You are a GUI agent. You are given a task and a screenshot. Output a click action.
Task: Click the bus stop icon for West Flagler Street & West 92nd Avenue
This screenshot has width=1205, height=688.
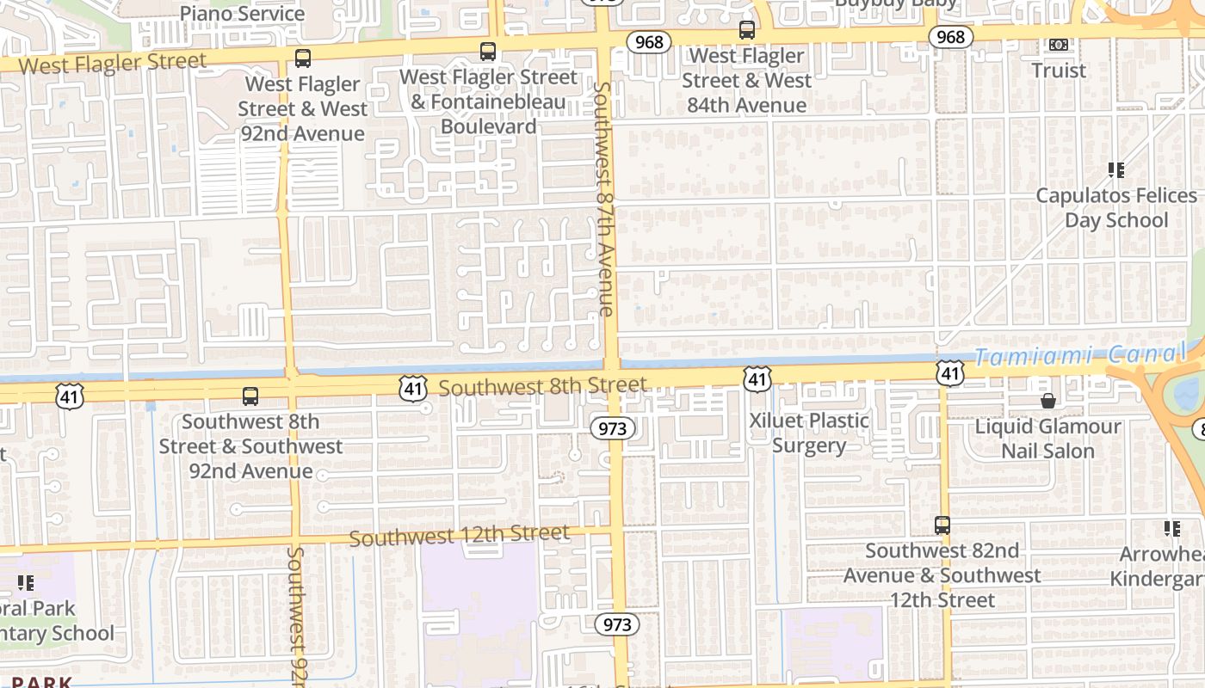point(302,58)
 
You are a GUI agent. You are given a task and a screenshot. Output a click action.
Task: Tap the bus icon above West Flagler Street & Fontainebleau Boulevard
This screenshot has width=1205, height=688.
point(488,52)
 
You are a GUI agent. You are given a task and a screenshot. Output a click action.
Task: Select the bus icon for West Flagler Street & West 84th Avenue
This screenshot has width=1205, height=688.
point(747,30)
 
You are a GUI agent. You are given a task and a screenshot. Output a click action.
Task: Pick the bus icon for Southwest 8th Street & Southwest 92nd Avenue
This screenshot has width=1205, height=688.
point(250,396)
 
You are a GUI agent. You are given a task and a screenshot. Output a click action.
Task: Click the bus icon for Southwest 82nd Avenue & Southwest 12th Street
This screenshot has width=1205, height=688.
point(942,525)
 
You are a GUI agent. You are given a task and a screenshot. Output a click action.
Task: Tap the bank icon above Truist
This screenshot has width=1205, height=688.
point(1059,45)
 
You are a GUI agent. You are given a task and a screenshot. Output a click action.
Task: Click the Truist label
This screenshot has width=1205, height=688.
point(1059,71)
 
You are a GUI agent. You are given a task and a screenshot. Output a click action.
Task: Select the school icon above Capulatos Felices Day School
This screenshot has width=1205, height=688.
point(1116,170)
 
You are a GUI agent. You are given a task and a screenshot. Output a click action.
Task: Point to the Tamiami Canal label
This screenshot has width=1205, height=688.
point(1079,355)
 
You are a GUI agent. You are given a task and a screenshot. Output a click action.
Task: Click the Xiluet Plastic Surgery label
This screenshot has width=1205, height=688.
point(809,433)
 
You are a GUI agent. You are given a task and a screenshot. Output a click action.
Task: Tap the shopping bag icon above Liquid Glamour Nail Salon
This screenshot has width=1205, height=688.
point(1048,401)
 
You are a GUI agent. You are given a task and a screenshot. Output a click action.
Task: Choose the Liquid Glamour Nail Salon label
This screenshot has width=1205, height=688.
point(1047,439)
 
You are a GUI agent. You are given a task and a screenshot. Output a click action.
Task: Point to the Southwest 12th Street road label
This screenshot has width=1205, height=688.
point(460,536)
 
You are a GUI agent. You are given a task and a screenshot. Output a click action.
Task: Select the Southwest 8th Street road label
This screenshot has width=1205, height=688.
point(542,387)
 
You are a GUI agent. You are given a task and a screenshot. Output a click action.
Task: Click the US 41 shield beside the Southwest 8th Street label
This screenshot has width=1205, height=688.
point(413,388)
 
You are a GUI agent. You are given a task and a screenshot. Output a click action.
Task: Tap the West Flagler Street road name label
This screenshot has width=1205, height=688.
point(113,64)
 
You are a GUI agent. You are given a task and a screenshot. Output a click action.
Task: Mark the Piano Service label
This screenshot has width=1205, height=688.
point(242,14)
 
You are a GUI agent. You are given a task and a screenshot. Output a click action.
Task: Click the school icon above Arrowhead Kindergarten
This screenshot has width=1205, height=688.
point(1171,529)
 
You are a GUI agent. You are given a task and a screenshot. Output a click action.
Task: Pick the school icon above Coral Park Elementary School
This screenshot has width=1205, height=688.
point(26,583)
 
